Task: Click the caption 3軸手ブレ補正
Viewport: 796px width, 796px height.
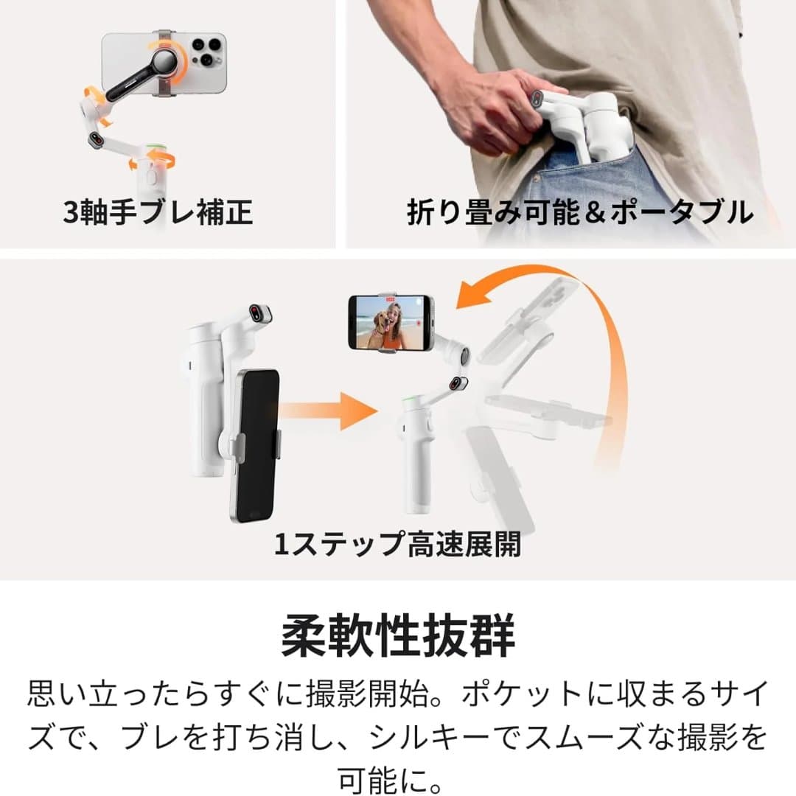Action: pyautogui.click(x=158, y=212)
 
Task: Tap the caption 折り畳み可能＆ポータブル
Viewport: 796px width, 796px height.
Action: pyautogui.click(x=580, y=212)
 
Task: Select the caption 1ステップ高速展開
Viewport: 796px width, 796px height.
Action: pyautogui.click(x=397, y=545)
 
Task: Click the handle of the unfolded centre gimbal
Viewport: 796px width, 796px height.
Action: pyautogui.click(x=416, y=464)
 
